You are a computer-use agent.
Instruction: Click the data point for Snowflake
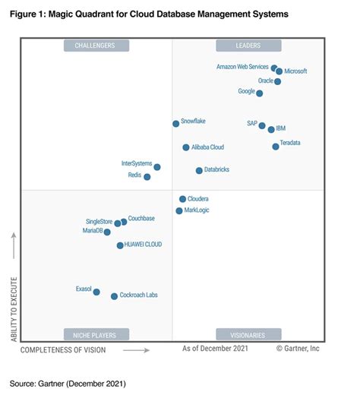(175, 123)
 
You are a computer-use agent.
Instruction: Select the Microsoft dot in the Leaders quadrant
(279, 71)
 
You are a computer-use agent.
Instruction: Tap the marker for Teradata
(275, 146)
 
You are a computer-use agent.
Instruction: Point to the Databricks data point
(199, 171)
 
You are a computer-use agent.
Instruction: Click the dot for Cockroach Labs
(114, 296)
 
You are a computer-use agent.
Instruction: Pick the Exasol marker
(96, 292)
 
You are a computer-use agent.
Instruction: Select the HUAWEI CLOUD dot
(120, 245)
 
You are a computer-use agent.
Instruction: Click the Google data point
(259, 93)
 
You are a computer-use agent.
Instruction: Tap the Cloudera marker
(182, 199)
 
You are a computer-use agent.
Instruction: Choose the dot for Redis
(147, 177)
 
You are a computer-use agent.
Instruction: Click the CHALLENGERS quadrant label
(96, 46)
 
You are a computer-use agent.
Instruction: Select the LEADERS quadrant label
(248, 46)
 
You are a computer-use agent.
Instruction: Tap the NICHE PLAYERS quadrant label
(96, 334)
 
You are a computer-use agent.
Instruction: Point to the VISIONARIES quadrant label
(248, 334)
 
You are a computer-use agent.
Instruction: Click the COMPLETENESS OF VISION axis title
(63, 350)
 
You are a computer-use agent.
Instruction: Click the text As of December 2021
(215, 349)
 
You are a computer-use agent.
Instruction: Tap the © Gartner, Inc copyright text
(297, 349)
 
